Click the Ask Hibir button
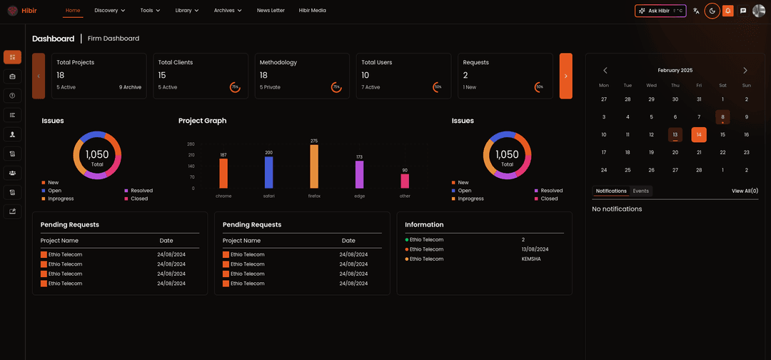660,11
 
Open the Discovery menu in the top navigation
109,11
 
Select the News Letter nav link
271,11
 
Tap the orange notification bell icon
727,11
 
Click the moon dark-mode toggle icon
712,11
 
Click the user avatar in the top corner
758,11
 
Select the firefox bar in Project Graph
314,166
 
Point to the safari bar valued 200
268,172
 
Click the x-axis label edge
359,196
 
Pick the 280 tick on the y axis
191,144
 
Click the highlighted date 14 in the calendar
699,134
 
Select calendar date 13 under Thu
675,134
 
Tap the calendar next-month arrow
745,71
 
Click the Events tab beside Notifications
640,191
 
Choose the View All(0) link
745,191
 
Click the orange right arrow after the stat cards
565,76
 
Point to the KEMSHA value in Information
531,259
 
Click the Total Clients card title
176,62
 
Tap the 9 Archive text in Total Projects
130,87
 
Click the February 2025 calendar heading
675,71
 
